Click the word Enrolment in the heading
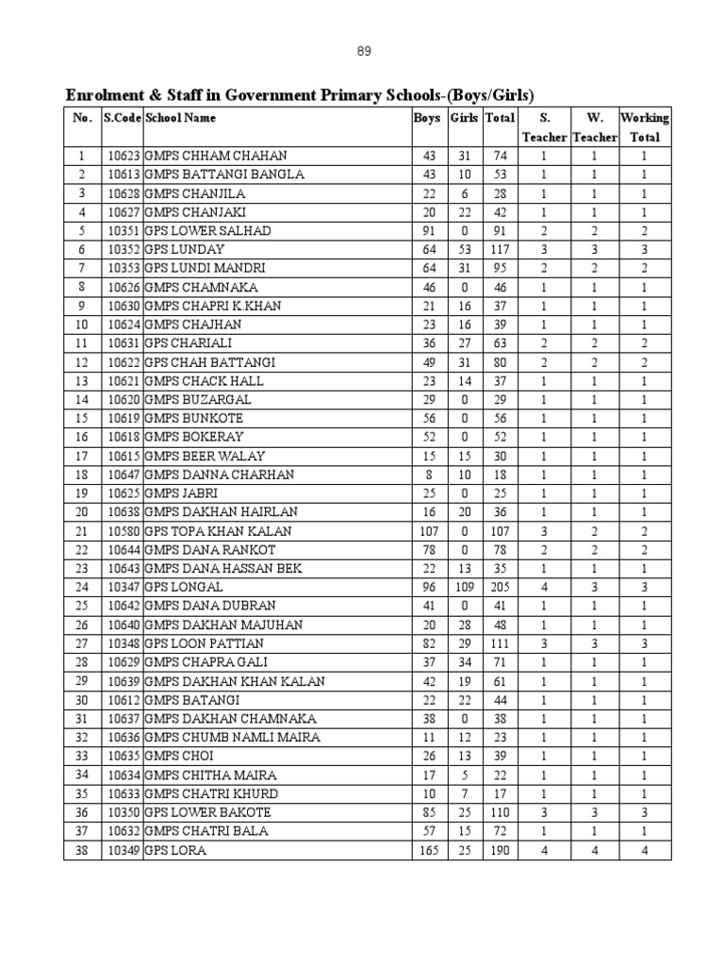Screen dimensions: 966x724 pos(102,95)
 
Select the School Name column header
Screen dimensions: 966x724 pos(180,119)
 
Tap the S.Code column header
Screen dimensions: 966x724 pos(122,119)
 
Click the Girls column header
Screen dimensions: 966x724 pos(464,119)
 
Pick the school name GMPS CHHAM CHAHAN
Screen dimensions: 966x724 pos(216,156)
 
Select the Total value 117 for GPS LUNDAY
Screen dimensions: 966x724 pos(499,250)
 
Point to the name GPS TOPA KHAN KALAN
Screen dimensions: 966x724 pos(218,531)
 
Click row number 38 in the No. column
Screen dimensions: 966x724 pos(82,851)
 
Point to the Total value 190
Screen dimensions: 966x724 pos(499,851)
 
